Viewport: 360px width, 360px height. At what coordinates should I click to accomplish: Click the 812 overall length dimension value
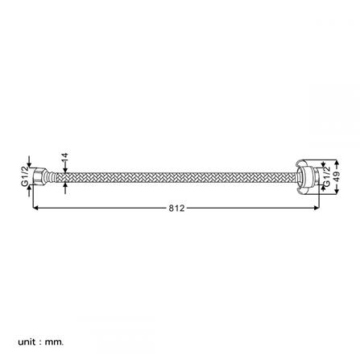point(177,208)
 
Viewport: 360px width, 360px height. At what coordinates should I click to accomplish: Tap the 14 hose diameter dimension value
point(64,158)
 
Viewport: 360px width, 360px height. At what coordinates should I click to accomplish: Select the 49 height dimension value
point(337,176)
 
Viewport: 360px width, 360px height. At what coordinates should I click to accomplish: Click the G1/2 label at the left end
point(25,176)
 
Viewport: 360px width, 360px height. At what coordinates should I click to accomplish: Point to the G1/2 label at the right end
point(326,176)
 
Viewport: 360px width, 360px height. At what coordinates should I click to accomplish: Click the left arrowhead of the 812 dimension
point(35,208)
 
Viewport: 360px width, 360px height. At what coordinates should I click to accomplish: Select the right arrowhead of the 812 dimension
point(317,208)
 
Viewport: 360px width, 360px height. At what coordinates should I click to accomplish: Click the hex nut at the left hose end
point(39,176)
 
